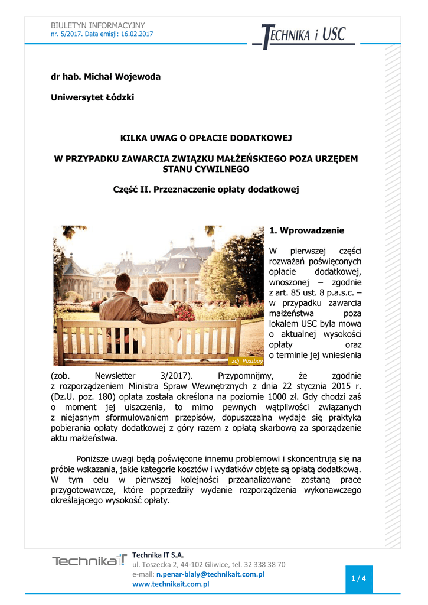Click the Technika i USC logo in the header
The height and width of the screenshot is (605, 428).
pos(303,35)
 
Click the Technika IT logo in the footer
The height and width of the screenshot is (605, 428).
pos(89,561)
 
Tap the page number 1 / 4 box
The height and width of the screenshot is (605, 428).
pos(358,578)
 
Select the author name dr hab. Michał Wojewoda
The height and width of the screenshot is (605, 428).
pos(106,77)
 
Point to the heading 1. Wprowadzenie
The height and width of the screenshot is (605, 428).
pos(306,230)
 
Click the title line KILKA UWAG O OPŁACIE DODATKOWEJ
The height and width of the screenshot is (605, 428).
pos(206,138)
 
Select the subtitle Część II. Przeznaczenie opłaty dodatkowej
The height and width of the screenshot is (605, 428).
pos(206,190)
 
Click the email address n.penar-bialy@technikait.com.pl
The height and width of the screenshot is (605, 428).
pos(210,574)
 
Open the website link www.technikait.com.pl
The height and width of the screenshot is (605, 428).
pos(171,584)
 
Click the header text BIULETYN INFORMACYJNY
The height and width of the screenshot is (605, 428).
pos(97,25)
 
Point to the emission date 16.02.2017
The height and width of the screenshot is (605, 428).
pos(138,34)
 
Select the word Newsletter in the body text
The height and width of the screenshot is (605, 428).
pos(115,376)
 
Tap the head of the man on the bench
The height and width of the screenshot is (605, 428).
pos(123,282)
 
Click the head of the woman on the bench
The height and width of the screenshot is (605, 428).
pos(158,290)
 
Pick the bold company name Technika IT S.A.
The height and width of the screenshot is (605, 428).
pos(158,555)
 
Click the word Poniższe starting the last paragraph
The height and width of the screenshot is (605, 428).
pos(95,458)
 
